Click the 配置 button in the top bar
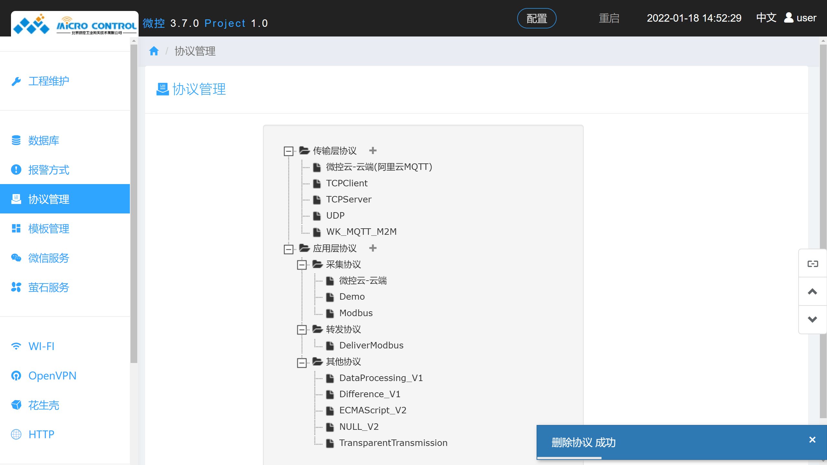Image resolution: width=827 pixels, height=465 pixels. click(537, 18)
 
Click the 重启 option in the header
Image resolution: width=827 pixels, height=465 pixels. click(609, 18)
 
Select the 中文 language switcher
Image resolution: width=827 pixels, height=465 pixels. click(766, 18)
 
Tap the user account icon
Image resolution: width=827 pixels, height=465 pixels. click(789, 18)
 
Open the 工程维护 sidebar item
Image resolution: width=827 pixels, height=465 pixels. click(48, 81)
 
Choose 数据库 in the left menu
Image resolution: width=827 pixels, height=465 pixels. click(44, 140)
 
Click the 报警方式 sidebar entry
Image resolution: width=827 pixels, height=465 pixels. click(48, 170)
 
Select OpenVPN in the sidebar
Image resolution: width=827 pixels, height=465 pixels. click(52, 376)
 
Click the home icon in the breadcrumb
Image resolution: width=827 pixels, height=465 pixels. click(154, 51)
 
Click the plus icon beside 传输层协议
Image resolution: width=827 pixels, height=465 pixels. click(373, 150)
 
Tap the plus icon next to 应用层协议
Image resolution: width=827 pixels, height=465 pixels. click(373, 248)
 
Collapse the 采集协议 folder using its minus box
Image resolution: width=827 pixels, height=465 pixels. click(302, 265)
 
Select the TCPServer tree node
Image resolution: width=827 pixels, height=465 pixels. click(349, 200)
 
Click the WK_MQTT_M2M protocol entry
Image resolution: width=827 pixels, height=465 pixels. click(361, 232)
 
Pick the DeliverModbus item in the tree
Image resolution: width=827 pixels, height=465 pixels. click(371, 346)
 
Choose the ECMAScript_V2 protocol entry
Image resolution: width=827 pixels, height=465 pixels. click(372, 410)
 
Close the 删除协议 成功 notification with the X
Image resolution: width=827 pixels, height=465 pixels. click(812, 440)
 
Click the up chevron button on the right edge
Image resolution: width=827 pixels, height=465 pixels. click(812, 292)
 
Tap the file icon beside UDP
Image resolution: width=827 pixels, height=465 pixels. click(317, 216)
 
